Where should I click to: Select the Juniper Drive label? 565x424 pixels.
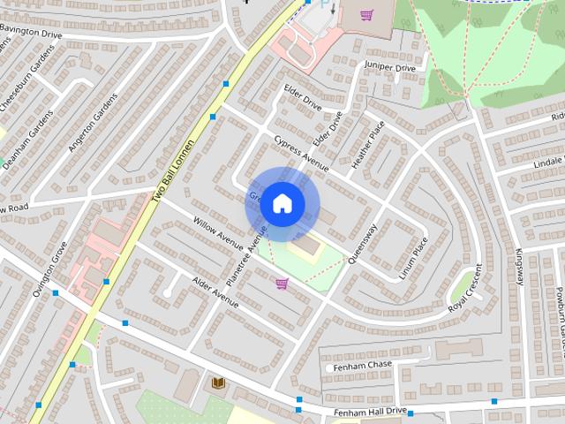coord(388,67)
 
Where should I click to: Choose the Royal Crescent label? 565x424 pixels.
coord(465,290)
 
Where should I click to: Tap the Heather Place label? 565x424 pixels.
coord(369,144)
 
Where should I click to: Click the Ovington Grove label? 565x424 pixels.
coord(50,269)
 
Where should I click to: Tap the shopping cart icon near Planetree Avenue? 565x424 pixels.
coord(282,284)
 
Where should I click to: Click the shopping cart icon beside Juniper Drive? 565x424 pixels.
coord(366,14)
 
